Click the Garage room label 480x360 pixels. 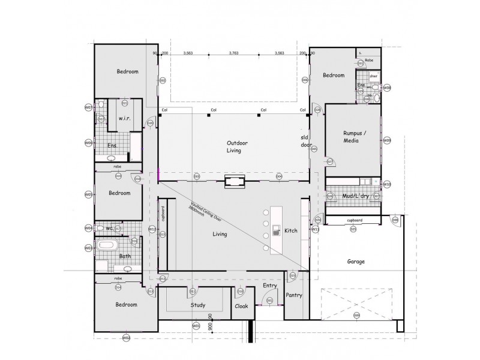coord(356,262)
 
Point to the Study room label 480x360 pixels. coord(197,305)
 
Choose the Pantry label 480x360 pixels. coord(294,295)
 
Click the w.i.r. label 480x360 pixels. coord(125,118)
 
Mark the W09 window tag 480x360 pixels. coord(387,140)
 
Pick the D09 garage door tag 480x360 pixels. coord(356,316)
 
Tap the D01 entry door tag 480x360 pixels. coord(269,300)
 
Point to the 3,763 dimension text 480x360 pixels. coord(234,53)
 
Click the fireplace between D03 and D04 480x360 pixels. coord(234,181)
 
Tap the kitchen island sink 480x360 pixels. coord(277,229)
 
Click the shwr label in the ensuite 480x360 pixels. coord(373,76)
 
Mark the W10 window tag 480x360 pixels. coord(387,184)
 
